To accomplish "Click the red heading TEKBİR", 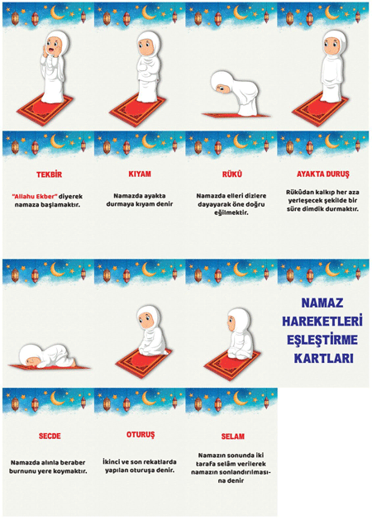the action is click(x=50, y=174).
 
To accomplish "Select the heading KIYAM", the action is click(x=140, y=174).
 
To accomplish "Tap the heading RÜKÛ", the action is click(x=231, y=174).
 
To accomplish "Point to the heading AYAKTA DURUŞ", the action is click(x=322, y=174).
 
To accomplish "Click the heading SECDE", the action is click(x=50, y=436).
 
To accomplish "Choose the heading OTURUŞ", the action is click(x=141, y=435).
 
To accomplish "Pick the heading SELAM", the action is click(x=233, y=437).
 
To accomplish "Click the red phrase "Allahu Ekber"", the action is click(x=35, y=196).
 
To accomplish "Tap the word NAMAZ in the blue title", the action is click(x=322, y=303).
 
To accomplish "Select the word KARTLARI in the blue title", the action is click(x=323, y=358).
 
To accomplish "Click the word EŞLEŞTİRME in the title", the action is click(x=322, y=340).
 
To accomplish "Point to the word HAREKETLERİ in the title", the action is click(x=322, y=322).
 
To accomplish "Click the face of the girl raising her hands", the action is click(x=53, y=46).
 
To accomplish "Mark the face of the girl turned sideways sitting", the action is click(x=231, y=322).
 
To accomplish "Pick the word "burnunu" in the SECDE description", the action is click(x=21, y=471).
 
